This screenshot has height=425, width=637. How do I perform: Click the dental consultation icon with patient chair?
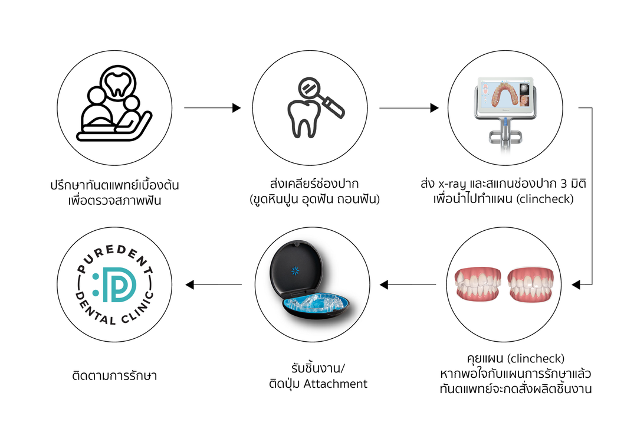(x=114, y=104)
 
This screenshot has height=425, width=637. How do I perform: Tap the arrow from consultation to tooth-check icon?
(x=212, y=108)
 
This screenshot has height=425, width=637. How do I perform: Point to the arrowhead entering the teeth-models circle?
(x=576, y=285)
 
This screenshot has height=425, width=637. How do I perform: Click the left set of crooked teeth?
(x=478, y=283)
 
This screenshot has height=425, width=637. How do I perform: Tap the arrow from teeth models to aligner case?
(x=408, y=285)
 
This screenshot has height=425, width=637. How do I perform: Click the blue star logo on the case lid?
(x=295, y=271)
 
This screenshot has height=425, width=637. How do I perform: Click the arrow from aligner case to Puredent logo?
(x=214, y=285)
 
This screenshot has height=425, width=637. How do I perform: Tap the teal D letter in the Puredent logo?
(x=120, y=285)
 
